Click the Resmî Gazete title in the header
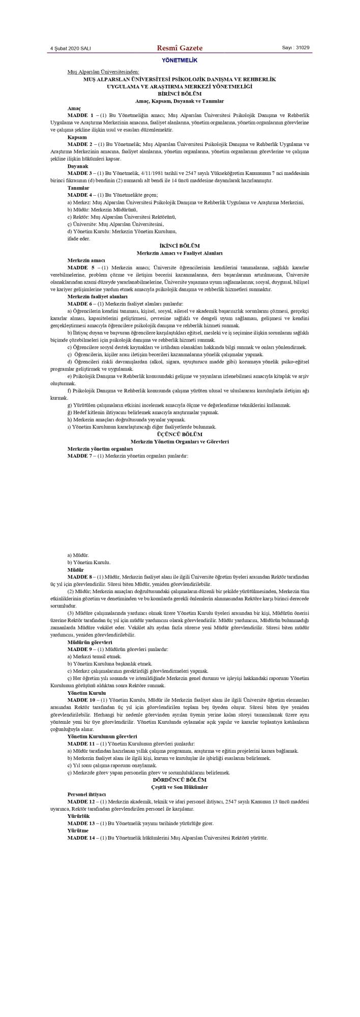179,48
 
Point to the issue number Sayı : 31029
295,48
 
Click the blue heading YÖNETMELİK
179,60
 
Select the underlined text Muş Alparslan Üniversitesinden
103,72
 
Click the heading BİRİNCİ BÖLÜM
179,94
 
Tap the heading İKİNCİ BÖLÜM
179,246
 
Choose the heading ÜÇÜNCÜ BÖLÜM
179,435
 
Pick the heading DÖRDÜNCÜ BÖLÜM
179,780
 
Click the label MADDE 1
80,116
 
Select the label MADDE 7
80,456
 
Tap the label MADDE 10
82,700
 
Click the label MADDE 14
82,838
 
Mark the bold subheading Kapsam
77,137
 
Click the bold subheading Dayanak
78,166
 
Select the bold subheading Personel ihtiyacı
86,794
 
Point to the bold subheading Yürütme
78,830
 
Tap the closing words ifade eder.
79,238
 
